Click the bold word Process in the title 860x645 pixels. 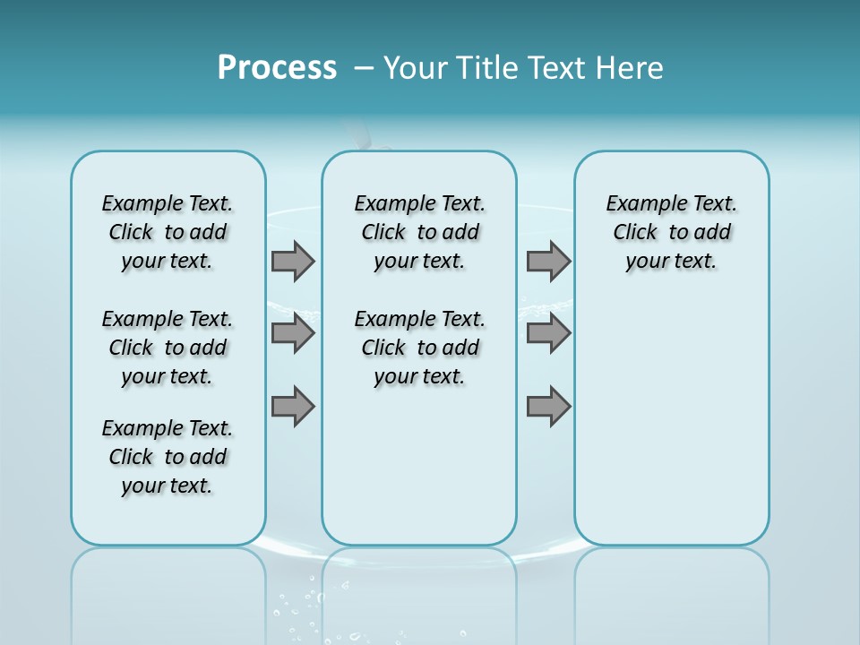click(x=277, y=68)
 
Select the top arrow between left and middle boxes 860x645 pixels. click(x=293, y=261)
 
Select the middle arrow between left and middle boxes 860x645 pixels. click(x=293, y=333)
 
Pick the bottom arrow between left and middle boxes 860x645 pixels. click(x=293, y=406)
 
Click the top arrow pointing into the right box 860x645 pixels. click(x=548, y=261)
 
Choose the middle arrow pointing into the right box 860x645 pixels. click(x=548, y=333)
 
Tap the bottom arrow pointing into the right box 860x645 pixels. click(x=548, y=406)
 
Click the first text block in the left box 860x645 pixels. click(x=168, y=232)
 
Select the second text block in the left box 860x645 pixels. click(x=168, y=348)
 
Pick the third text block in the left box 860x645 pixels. click(x=168, y=457)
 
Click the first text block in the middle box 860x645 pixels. click(x=420, y=232)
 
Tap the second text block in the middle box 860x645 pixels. click(x=420, y=348)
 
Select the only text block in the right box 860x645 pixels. click(x=672, y=232)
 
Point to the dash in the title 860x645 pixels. click(x=364, y=68)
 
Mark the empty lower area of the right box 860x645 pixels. click(x=672, y=421)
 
